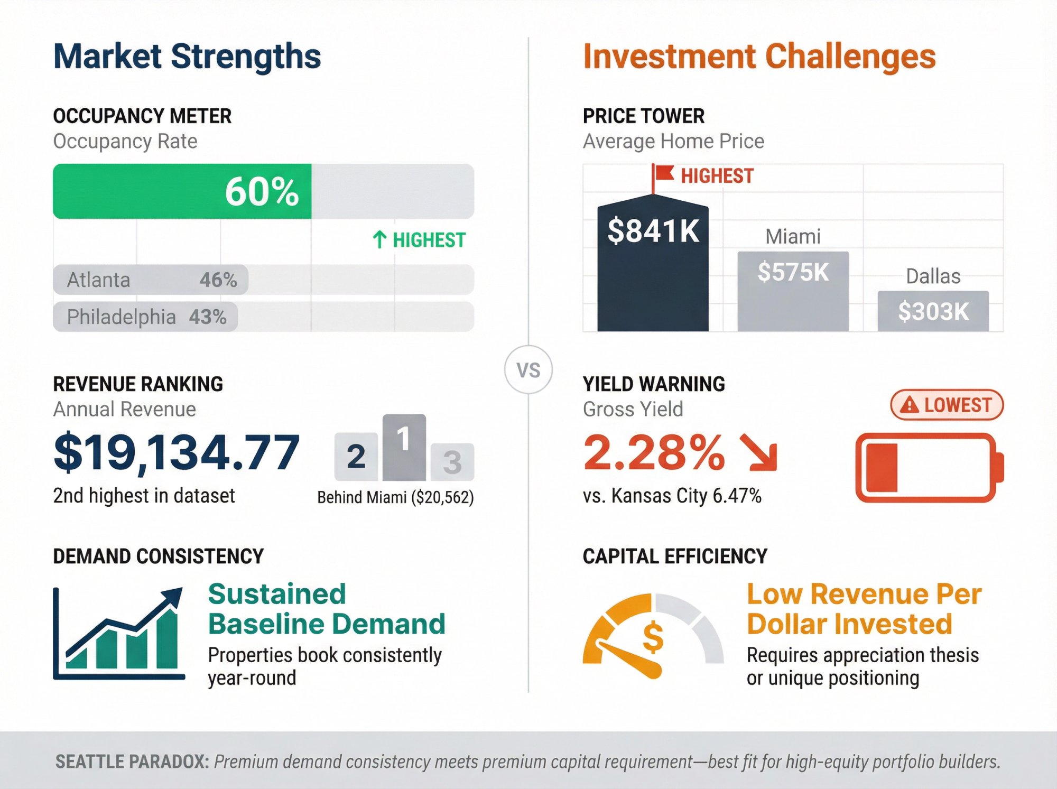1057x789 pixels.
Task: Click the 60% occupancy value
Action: [262, 191]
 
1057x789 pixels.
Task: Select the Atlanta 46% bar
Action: [151, 280]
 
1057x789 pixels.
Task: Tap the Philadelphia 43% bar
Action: [145, 317]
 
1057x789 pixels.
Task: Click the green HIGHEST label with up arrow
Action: [419, 240]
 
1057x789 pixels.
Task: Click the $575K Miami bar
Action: [793, 291]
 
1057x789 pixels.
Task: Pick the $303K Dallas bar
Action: [933, 311]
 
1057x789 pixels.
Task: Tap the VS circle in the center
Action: [528, 370]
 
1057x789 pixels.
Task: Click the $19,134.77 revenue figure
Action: [177, 452]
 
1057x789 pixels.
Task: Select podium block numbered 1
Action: [404, 447]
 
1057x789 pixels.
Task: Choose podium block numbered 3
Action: [452, 462]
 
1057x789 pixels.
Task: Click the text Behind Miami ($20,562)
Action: [395, 497]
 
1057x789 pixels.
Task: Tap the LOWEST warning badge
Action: [947, 405]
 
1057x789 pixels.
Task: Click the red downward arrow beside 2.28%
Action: [759, 452]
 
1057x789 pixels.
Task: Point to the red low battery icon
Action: [929, 468]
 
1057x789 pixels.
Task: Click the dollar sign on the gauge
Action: [653, 637]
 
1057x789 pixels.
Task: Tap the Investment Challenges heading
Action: [759, 57]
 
